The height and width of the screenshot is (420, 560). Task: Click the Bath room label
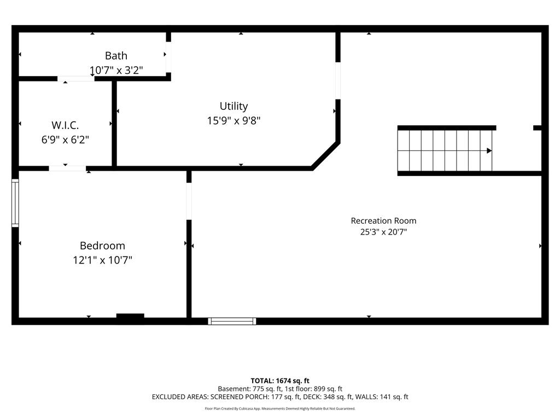(116, 56)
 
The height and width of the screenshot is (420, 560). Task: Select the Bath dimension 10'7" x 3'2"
(116, 70)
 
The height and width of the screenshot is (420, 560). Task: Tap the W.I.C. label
(65, 125)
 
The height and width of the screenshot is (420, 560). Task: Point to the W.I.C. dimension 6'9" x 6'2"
(65, 139)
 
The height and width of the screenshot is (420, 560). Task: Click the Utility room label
(234, 106)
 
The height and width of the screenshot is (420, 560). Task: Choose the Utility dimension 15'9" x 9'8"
(234, 121)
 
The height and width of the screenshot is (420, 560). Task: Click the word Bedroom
(102, 246)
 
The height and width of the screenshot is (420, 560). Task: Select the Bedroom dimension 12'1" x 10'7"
(102, 260)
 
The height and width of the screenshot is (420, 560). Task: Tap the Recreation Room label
(383, 221)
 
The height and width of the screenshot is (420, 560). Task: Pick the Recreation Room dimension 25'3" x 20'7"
(383, 232)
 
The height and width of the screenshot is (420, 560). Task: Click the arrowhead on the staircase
(489, 151)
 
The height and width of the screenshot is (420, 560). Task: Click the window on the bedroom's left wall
(15, 203)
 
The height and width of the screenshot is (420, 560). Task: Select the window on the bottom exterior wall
(232, 321)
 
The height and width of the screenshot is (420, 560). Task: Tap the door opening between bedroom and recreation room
(189, 201)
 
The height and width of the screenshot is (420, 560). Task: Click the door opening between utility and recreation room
(338, 81)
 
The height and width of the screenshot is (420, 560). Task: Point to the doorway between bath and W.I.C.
(75, 79)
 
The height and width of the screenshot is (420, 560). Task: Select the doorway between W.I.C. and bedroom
(67, 168)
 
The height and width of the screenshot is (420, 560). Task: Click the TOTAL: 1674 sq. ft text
(280, 381)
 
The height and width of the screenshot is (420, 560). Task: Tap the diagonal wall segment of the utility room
(325, 156)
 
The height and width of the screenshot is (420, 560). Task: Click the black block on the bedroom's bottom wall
(130, 316)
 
